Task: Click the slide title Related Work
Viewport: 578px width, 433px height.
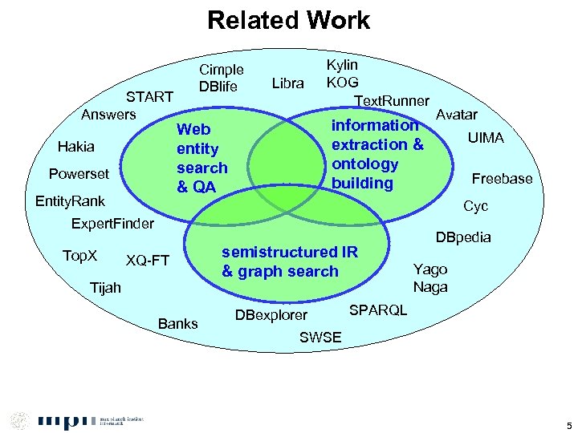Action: [x=288, y=20]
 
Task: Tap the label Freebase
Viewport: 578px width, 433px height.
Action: [x=502, y=179]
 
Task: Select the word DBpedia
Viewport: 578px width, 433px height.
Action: [x=462, y=238]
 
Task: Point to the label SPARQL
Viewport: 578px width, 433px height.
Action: [x=380, y=310]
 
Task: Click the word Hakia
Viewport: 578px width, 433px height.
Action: [x=76, y=147]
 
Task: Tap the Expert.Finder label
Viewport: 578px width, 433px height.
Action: [x=112, y=223]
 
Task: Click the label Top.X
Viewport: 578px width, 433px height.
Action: [x=79, y=256]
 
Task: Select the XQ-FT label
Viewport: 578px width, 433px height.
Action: [x=148, y=260]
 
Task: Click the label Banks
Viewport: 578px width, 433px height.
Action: [x=178, y=323]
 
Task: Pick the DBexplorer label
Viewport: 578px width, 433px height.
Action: [x=271, y=314]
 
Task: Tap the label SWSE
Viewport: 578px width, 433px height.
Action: [x=320, y=338]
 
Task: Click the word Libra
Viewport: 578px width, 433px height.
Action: [x=288, y=83]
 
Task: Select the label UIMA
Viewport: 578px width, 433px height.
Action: [x=486, y=138]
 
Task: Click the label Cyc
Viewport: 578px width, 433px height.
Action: [x=476, y=206]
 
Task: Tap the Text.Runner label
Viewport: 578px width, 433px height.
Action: [x=392, y=101]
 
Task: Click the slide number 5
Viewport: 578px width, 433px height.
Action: [x=568, y=424]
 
